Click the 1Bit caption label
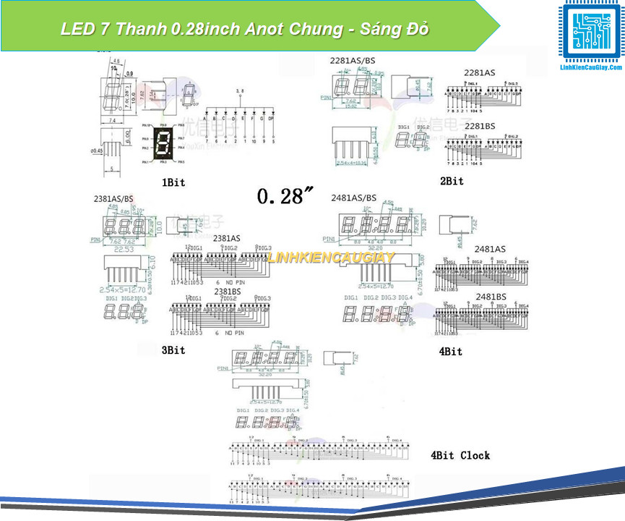pos(173,182)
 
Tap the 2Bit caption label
pos(452,180)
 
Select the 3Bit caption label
pos(173,350)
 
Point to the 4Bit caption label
pos(450,351)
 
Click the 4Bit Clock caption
pos(460,455)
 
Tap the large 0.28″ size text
pos(285,196)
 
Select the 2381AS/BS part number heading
pos(113,198)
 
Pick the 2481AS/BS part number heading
pos(354,198)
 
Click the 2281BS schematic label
pos(480,125)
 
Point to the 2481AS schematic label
pos(490,249)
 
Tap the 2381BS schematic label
pos(227,291)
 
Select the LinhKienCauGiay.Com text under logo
pos(591,67)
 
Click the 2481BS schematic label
pos(490,297)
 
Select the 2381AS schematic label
pos(227,238)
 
